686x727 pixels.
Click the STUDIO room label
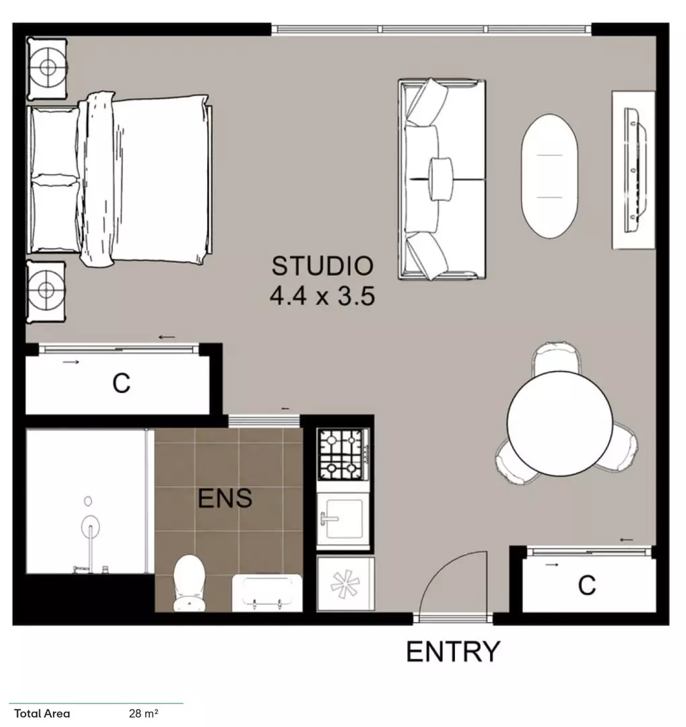click(x=322, y=266)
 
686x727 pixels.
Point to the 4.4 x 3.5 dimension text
click(x=322, y=296)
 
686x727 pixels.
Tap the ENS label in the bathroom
click(x=225, y=499)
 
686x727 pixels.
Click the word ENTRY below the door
click(x=453, y=652)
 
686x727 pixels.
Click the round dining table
click(x=559, y=423)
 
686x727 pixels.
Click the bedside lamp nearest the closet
click(x=46, y=290)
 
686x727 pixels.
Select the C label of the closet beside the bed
click(x=121, y=384)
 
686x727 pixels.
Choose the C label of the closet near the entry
click(x=587, y=586)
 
